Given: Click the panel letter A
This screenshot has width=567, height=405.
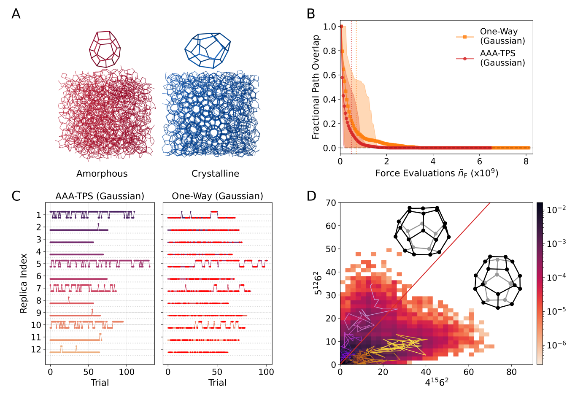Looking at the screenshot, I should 16,14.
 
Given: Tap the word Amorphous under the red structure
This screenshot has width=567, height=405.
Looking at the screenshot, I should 102,173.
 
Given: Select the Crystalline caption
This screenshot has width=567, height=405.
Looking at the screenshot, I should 215,173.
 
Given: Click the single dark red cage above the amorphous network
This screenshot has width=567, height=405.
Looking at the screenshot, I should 105,49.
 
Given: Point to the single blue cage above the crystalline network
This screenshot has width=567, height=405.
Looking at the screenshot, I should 208,50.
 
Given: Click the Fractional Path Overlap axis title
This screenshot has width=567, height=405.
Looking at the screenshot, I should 316,87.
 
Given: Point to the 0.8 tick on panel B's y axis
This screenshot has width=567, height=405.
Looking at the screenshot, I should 329,51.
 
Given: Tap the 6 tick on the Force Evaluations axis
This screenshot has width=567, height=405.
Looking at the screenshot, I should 479,161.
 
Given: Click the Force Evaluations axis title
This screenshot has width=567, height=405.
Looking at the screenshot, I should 437,173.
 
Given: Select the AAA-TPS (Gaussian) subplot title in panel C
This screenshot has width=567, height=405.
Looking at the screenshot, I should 100,196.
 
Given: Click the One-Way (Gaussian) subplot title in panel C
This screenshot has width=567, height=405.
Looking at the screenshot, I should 217,196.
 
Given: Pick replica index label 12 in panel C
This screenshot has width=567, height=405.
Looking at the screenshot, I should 36,349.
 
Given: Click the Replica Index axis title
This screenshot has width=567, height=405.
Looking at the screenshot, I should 23,283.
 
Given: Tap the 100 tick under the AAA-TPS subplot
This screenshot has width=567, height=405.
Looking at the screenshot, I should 127,372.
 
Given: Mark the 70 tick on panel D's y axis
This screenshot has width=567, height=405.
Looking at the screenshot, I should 331,203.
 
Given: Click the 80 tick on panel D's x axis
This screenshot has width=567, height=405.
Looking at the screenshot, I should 511,372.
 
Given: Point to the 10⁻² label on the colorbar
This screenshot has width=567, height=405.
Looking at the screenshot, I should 556,210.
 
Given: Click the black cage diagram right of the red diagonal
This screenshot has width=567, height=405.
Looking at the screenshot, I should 498,281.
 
